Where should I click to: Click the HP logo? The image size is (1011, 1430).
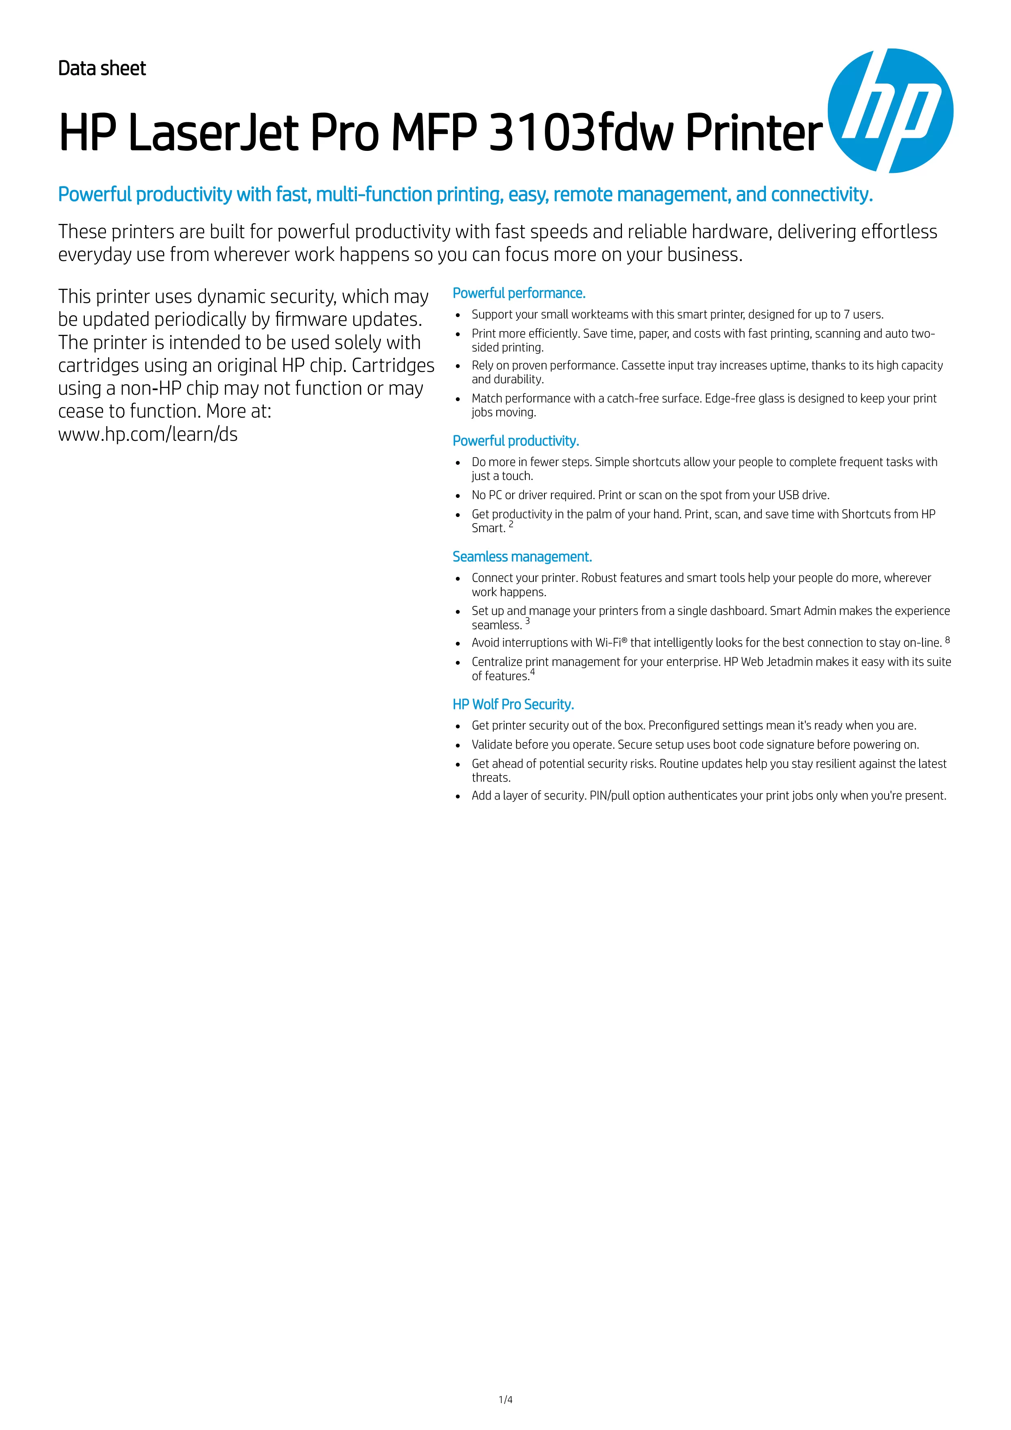point(890,111)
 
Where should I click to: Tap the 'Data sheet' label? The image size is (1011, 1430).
point(102,69)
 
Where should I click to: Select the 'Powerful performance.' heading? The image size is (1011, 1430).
point(519,293)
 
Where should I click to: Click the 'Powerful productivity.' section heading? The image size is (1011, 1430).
point(516,441)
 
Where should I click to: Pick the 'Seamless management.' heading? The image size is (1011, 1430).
point(522,557)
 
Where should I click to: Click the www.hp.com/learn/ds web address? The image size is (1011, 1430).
point(148,434)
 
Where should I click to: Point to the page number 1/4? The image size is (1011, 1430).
point(505,1400)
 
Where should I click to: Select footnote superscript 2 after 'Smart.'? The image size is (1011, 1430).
point(511,524)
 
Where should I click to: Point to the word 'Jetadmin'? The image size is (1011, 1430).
point(789,662)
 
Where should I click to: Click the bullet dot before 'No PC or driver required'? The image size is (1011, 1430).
point(458,496)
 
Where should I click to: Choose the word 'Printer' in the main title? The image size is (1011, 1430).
point(754,133)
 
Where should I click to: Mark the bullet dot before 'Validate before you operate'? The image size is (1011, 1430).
point(458,745)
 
